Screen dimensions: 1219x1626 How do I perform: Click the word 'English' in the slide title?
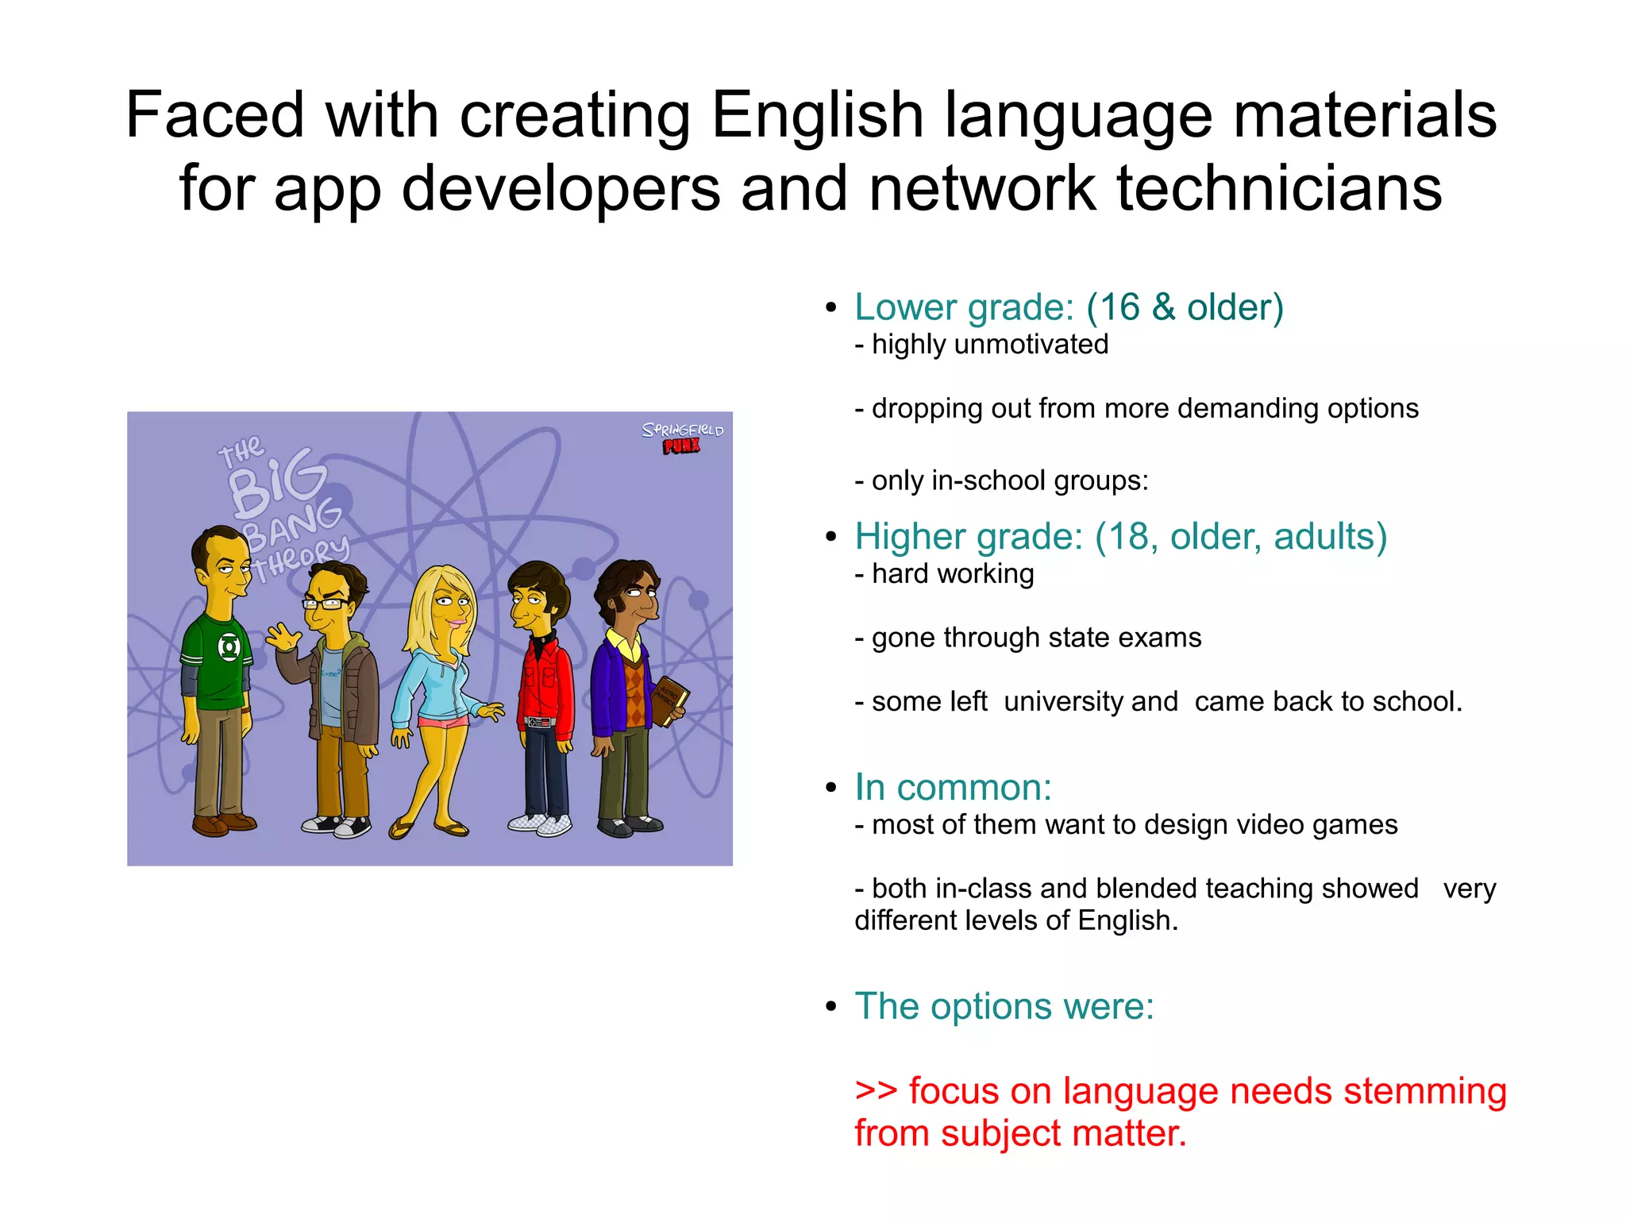pos(817,116)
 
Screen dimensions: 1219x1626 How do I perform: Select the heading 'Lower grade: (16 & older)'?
pos(1069,307)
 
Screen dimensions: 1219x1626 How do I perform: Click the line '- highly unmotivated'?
pos(981,345)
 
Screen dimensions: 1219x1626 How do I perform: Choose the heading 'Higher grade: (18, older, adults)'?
pos(1120,537)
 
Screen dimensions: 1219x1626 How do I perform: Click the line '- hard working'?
pos(944,574)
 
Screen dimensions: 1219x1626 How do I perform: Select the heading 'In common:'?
pos(953,788)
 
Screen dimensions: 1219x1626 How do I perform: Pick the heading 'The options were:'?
pos(1004,1007)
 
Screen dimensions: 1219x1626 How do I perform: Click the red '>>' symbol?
pos(876,1091)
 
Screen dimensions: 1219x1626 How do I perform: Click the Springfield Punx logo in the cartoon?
pos(682,438)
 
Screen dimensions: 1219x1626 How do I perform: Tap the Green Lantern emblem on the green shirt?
pos(229,647)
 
